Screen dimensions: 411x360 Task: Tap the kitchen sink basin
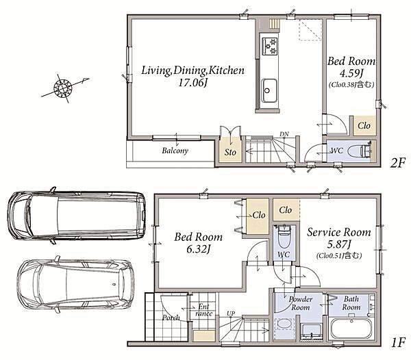[269, 90]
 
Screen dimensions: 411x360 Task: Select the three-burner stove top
[270, 46]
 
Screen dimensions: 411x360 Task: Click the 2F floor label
[397, 163]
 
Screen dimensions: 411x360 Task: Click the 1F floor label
[398, 342]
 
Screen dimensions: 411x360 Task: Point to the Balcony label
[175, 151]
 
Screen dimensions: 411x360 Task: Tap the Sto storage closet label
[230, 152]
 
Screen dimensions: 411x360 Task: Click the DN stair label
[284, 134]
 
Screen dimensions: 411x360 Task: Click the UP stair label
[231, 313]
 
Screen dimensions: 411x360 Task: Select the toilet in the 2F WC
[360, 151]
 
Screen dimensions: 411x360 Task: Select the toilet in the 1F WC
[284, 236]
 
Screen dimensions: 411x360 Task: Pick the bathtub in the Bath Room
[351, 329]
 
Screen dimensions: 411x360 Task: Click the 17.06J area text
[192, 83]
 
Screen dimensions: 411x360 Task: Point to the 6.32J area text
[198, 249]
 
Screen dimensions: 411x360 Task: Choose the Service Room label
[339, 232]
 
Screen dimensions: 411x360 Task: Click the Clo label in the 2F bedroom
[364, 126]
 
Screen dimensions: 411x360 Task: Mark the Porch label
[171, 318]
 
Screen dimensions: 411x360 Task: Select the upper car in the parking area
[76, 216]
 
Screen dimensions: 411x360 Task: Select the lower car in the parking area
[75, 284]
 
